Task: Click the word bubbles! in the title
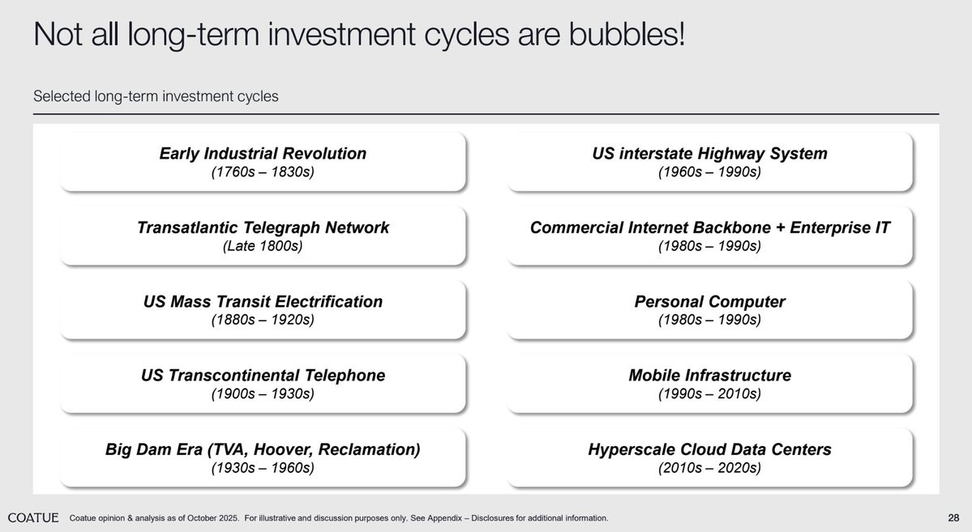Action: (627, 33)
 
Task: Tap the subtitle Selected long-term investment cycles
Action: (156, 96)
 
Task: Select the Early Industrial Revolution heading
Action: (263, 154)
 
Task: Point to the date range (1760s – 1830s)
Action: (263, 172)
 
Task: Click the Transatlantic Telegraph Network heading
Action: (263, 228)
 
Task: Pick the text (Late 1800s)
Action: (263, 246)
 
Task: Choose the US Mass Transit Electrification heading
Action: (263, 301)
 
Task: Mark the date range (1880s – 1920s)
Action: (263, 320)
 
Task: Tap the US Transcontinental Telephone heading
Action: (263, 375)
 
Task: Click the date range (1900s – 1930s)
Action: (263, 394)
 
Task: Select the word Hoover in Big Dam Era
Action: (282, 449)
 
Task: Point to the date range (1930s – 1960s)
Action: (263, 467)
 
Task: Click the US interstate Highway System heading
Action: (710, 154)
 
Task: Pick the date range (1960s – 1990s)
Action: (710, 172)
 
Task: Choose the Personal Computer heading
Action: (710, 301)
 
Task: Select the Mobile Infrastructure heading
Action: (710, 375)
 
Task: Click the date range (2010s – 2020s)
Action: (710, 467)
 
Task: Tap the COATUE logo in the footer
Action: (33, 517)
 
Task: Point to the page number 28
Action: (953, 517)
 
